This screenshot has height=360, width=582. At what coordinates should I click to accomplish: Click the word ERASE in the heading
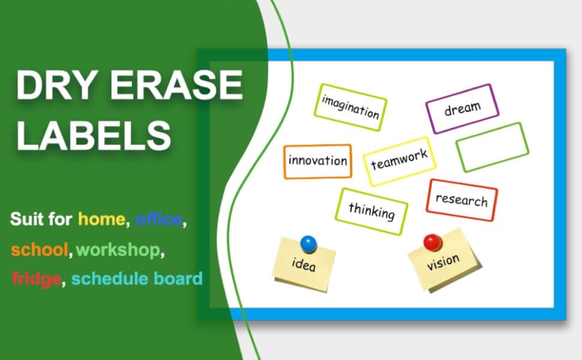(176, 85)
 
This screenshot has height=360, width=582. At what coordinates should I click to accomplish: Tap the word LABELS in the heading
(94, 135)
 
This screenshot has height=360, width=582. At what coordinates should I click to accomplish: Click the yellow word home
(101, 219)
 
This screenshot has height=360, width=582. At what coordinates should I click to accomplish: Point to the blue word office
(158, 219)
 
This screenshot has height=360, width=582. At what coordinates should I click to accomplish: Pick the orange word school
(40, 250)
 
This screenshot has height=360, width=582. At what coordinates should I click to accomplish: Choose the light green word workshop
(118, 250)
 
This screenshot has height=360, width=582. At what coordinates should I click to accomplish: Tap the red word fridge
(37, 279)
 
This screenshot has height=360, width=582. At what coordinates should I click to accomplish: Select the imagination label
(350, 107)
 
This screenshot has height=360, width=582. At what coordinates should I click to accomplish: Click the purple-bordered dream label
(462, 109)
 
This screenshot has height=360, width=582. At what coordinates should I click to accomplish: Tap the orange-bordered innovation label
(318, 161)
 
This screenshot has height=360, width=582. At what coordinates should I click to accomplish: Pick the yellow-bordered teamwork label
(400, 161)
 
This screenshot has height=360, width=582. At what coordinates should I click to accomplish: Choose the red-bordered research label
(462, 200)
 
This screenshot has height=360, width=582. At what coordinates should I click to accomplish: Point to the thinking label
(371, 211)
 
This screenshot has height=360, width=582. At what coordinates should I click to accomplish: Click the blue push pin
(308, 244)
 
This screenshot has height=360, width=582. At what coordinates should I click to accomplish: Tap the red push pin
(433, 243)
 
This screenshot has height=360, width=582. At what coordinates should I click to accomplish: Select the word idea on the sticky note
(304, 264)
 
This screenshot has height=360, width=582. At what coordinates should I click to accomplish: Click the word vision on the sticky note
(443, 262)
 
